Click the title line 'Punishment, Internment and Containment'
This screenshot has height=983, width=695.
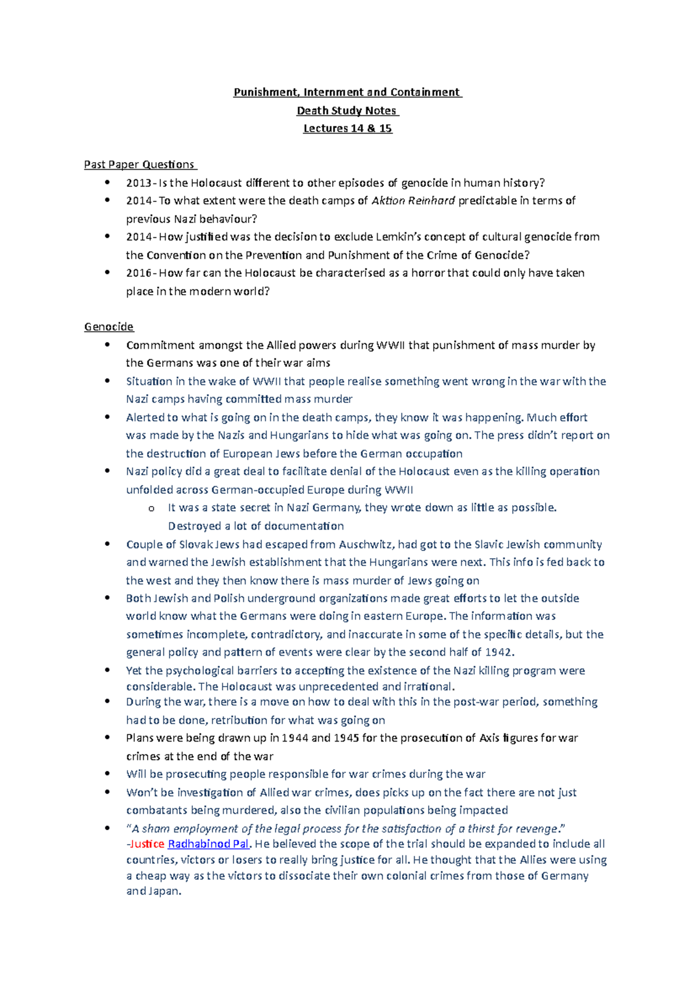coord(347,92)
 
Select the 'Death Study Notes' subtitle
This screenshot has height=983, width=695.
coord(347,111)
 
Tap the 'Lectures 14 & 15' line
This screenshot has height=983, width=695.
coord(348,129)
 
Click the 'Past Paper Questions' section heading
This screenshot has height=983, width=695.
coord(140,164)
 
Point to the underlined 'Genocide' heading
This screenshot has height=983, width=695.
coord(109,327)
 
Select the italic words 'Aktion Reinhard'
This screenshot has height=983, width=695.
coord(412,201)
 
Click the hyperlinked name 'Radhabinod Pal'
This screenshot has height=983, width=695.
coord(208,844)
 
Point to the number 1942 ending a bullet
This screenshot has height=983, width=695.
coord(499,652)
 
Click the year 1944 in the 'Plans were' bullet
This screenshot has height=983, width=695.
coord(295,738)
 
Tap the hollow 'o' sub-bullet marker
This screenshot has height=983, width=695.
coord(151,508)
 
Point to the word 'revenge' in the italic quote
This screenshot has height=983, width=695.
coord(537,828)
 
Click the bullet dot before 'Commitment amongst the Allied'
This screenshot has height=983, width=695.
coord(107,345)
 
